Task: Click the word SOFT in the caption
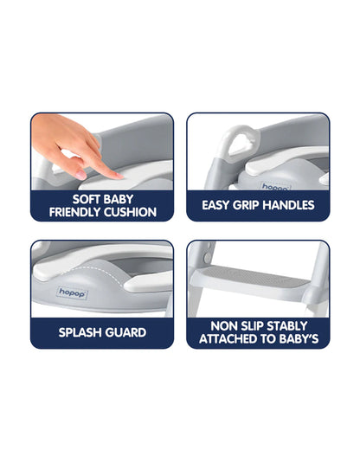click(87, 199)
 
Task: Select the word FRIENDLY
click(75, 212)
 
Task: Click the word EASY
click(215, 205)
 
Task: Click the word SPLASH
click(80, 332)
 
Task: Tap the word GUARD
click(125, 332)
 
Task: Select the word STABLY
click(287, 326)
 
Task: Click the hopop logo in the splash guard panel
click(72, 293)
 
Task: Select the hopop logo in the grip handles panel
click(275, 187)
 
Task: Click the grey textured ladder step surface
click(253, 276)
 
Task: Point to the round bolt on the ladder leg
click(207, 256)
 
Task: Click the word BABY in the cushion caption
click(119, 199)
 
